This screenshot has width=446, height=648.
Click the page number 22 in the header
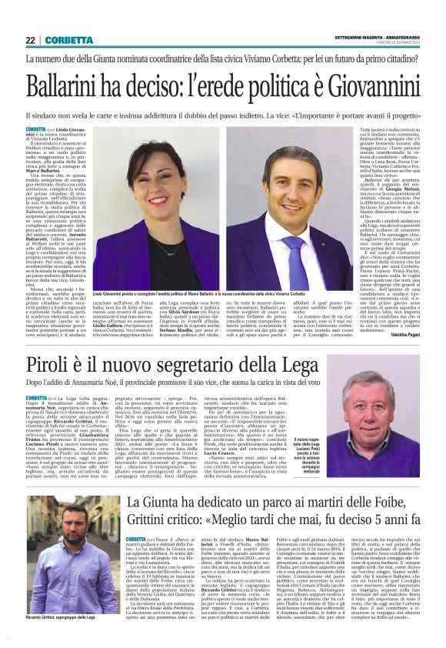click(32, 41)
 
